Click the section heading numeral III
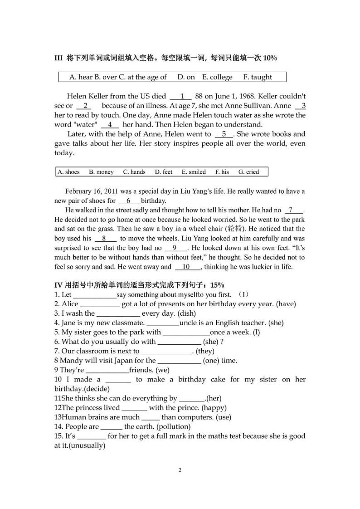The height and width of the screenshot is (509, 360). coord(58,58)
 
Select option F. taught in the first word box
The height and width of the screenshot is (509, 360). coord(258,77)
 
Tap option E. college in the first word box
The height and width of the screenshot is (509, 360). coord(217,77)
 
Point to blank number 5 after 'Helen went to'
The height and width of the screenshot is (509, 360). coord(224,134)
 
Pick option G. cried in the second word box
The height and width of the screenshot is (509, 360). coord(249,172)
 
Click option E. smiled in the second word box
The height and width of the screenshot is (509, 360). coord(194,172)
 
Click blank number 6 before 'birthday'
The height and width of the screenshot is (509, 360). coord(129,201)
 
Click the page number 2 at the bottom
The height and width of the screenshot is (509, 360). coord(180,470)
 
